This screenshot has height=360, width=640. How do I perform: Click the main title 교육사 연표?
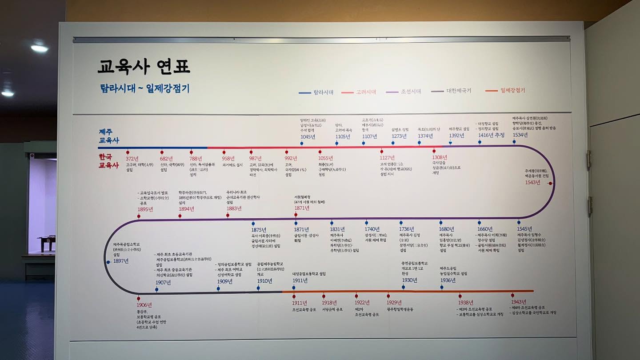(144, 67)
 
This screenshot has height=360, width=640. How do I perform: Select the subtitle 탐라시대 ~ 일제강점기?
(145, 88)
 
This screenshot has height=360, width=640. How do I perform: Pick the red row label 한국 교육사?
(109, 161)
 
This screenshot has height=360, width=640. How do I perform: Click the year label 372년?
(132, 159)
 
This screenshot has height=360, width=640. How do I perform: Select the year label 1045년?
(308, 136)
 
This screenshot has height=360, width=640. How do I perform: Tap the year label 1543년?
(532, 182)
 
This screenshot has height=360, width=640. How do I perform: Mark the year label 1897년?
(121, 261)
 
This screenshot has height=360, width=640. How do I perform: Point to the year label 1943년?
(518, 302)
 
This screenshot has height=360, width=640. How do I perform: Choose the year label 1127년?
(387, 158)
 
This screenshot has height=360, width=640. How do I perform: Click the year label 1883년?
(234, 208)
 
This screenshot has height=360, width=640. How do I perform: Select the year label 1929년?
(394, 303)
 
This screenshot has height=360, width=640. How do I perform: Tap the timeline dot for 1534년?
(514, 142)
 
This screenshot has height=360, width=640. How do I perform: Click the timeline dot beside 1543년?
(550, 183)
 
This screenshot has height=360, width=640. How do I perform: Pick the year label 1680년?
(446, 229)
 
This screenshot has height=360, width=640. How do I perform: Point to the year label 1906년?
(144, 305)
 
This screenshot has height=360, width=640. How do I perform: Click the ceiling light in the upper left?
(39, 48)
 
